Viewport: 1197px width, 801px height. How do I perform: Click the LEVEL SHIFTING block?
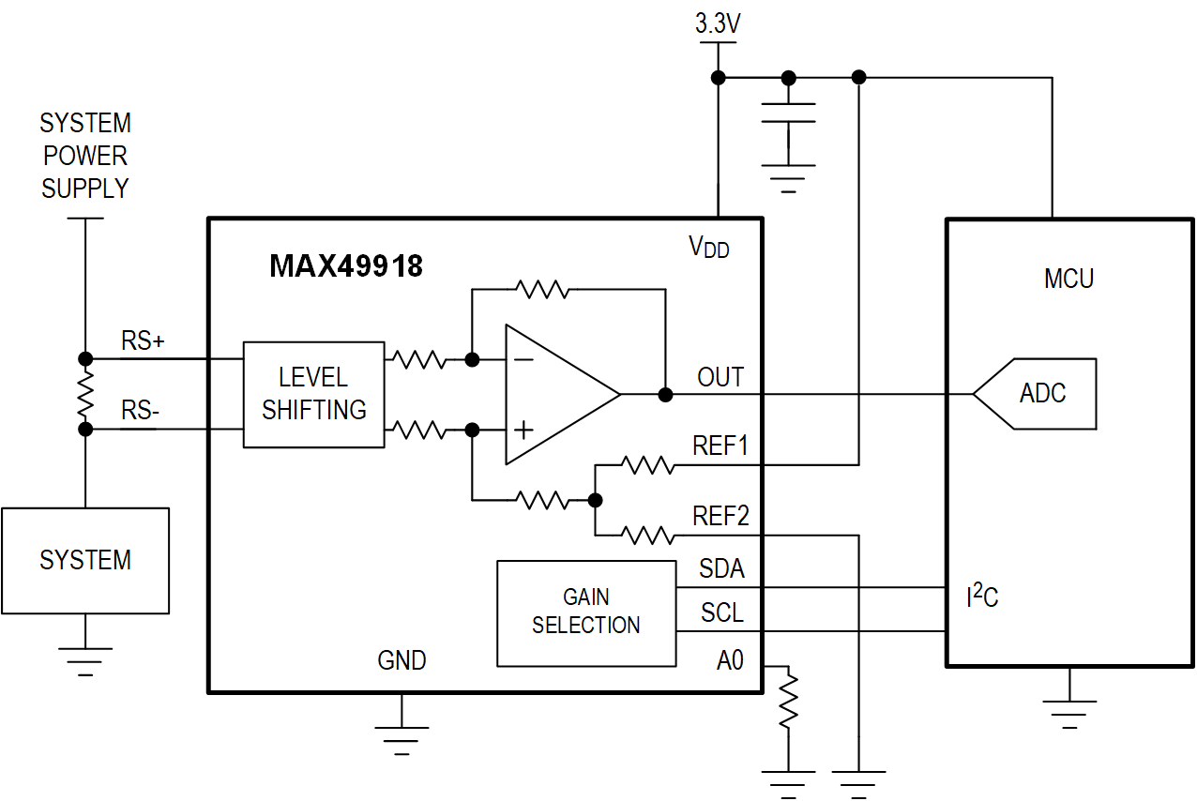(x=313, y=394)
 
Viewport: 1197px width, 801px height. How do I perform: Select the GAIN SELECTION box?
(x=585, y=612)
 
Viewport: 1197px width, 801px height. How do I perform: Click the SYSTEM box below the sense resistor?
(x=84, y=561)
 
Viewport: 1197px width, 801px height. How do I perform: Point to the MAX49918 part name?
(x=345, y=266)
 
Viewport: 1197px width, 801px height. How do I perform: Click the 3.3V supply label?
(x=718, y=24)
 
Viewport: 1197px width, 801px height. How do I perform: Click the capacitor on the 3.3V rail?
(x=788, y=113)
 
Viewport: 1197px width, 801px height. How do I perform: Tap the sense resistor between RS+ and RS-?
(x=85, y=394)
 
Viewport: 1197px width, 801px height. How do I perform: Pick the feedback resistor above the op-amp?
(x=542, y=289)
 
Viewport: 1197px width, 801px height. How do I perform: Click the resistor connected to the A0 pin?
(x=788, y=700)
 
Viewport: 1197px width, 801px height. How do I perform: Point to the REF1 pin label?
(x=720, y=446)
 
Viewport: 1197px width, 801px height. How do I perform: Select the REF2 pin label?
(x=720, y=516)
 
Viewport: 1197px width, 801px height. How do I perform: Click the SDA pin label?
(x=720, y=569)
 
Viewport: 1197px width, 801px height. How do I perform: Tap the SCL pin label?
(x=721, y=613)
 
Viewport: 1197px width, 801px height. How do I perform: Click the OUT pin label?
(x=720, y=377)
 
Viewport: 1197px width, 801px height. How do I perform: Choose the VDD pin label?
(x=708, y=248)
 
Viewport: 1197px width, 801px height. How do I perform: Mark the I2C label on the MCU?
(x=981, y=595)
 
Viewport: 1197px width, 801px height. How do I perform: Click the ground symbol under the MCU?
(x=1068, y=713)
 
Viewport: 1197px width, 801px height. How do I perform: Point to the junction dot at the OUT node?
(x=665, y=394)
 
